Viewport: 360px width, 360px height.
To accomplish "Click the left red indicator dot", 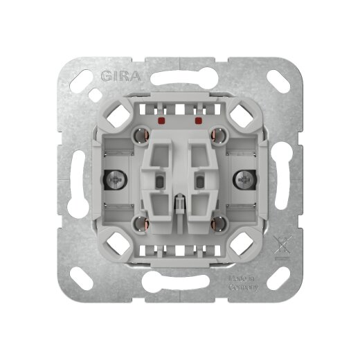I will point(161,120).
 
